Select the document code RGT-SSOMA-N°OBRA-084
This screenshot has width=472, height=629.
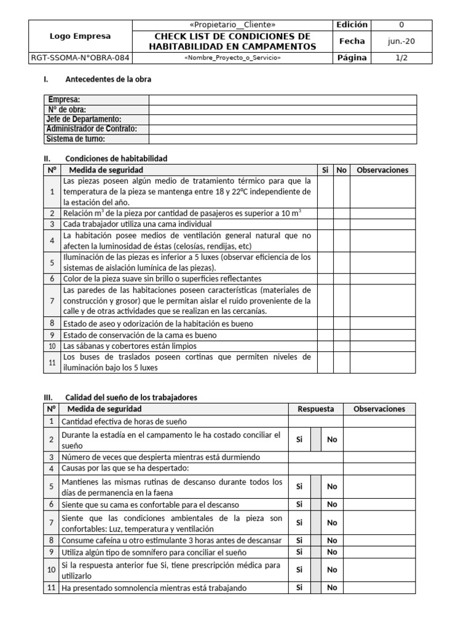(81, 58)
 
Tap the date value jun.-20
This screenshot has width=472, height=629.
(401, 41)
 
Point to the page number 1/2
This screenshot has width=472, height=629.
(401, 58)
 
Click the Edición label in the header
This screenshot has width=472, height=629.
(352, 25)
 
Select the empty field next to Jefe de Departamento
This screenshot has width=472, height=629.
(283, 119)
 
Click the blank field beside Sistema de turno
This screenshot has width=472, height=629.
(283, 139)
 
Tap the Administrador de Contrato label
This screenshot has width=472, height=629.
(92, 129)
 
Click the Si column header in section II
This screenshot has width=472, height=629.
(325, 170)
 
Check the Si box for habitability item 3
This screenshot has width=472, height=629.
(325, 224)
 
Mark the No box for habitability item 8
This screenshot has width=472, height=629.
(342, 323)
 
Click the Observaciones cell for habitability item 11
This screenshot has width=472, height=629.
(382, 362)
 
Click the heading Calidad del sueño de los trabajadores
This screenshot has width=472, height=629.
(131, 397)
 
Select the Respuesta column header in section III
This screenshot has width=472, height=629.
(315, 409)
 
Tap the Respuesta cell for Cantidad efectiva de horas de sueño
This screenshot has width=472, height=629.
(315, 421)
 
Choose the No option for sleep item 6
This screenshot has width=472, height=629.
(332, 504)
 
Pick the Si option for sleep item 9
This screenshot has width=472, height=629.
(299, 552)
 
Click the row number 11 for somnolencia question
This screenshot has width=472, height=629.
(51, 588)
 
